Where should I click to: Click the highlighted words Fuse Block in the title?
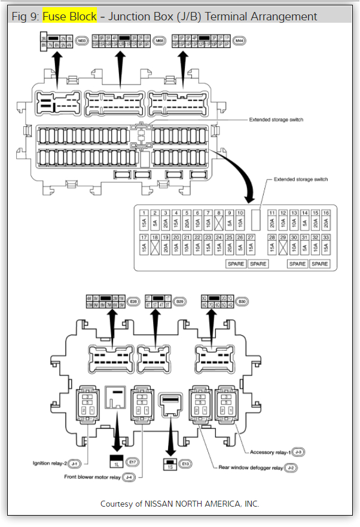click(69, 16)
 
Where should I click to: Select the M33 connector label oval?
click(82, 41)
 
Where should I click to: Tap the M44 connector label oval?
click(239, 41)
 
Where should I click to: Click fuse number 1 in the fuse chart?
click(144, 220)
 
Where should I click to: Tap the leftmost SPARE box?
click(236, 264)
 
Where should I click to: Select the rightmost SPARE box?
click(319, 264)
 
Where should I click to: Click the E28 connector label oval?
click(133, 302)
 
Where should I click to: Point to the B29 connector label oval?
click(179, 302)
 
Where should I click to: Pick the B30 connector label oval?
click(242, 302)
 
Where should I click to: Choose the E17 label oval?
click(133, 462)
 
